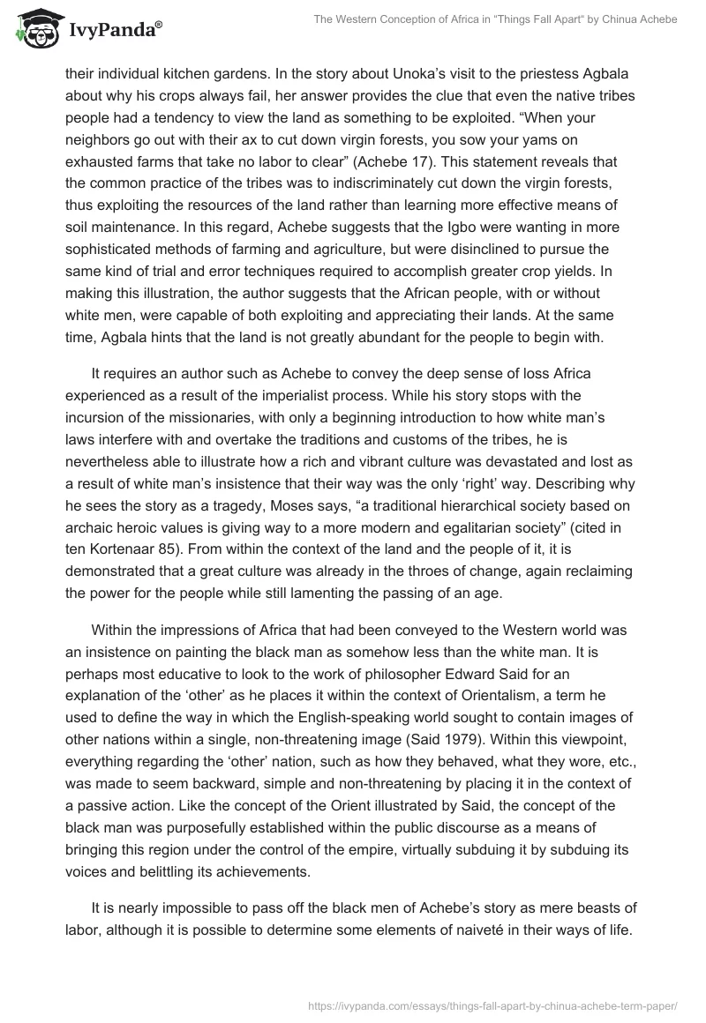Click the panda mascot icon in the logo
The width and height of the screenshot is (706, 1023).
(x=34, y=30)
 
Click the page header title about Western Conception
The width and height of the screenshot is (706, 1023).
(x=495, y=20)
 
